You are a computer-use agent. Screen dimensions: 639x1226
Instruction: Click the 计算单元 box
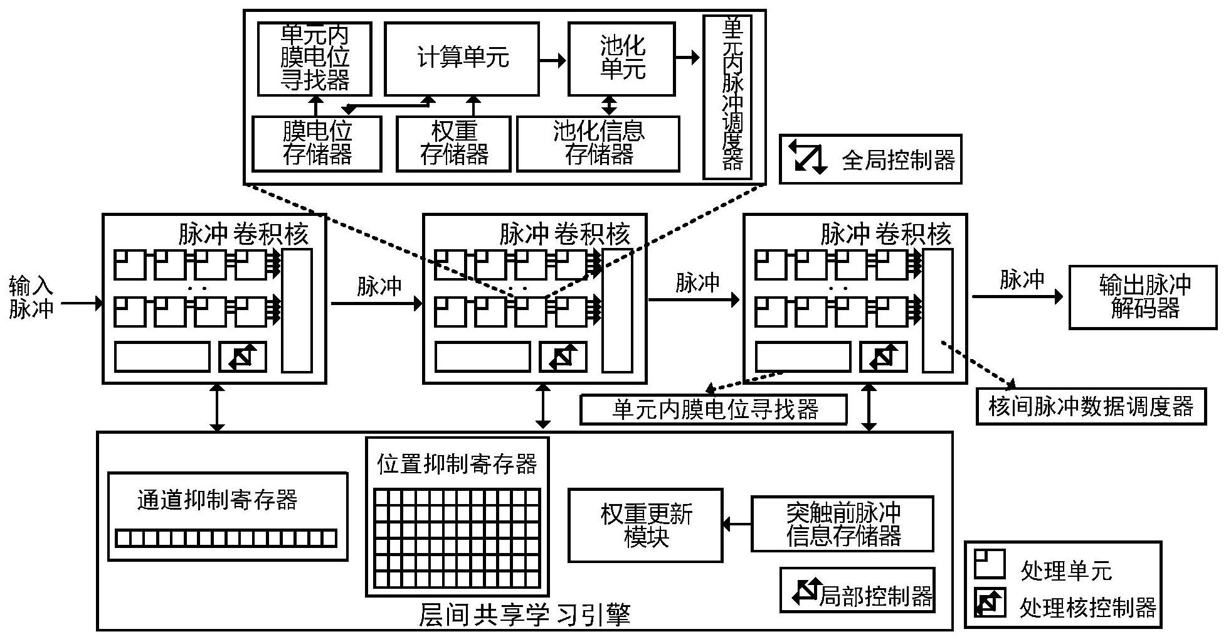[x=462, y=59]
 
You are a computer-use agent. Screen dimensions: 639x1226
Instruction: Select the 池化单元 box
[x=621, y=59]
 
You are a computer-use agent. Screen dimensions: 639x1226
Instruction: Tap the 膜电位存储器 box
[x=317, y=144]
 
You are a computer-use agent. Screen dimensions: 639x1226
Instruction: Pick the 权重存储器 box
[x=453, y=144]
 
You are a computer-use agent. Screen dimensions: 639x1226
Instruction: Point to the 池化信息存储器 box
[x=598, y=144]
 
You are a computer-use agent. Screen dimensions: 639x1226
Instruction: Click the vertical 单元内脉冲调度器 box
[x=727, y=97]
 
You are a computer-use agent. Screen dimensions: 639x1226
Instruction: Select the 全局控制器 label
[x=897, y=160]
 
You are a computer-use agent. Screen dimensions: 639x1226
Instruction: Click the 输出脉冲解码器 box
[x=1143, y=297]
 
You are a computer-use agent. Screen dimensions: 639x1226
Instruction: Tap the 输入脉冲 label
[x=31, y=297]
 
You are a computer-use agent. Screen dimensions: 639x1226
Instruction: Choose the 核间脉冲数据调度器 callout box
[x=1091, y=407]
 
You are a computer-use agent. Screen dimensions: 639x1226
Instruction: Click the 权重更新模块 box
[x=645, y=525]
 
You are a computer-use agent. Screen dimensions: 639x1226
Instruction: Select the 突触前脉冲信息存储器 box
[x=842, y=524]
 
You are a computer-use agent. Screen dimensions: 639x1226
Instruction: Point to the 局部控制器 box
[x=857, y=590]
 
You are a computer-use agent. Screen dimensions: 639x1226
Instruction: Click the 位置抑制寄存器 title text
[x=457, y=464]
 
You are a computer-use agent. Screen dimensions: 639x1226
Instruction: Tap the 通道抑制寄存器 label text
[x=217, y=500]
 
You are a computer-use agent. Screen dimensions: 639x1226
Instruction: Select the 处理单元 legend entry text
[x=1065, y=571]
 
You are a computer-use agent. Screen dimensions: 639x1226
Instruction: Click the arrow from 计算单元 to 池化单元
[x=553, y=60]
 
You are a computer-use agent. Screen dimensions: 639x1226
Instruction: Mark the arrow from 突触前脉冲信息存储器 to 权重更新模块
[x=737, y=524]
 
